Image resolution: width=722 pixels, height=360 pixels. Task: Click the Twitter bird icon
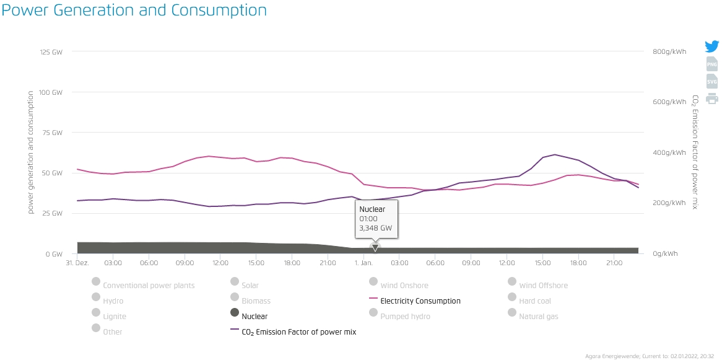[711, 46]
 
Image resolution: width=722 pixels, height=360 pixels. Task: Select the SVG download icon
[712, 81]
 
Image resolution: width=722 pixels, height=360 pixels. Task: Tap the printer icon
[712, 99]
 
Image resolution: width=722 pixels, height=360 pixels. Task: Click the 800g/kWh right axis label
[669, 52]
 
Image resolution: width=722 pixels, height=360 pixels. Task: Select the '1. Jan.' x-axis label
[363, 263]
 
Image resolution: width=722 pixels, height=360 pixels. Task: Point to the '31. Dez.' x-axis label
[78, 263]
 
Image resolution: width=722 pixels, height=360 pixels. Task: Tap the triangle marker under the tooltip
[375, 248]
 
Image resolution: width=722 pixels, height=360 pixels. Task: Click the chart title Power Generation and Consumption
[134, 11]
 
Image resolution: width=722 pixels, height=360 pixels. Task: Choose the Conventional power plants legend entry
[149, 286]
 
